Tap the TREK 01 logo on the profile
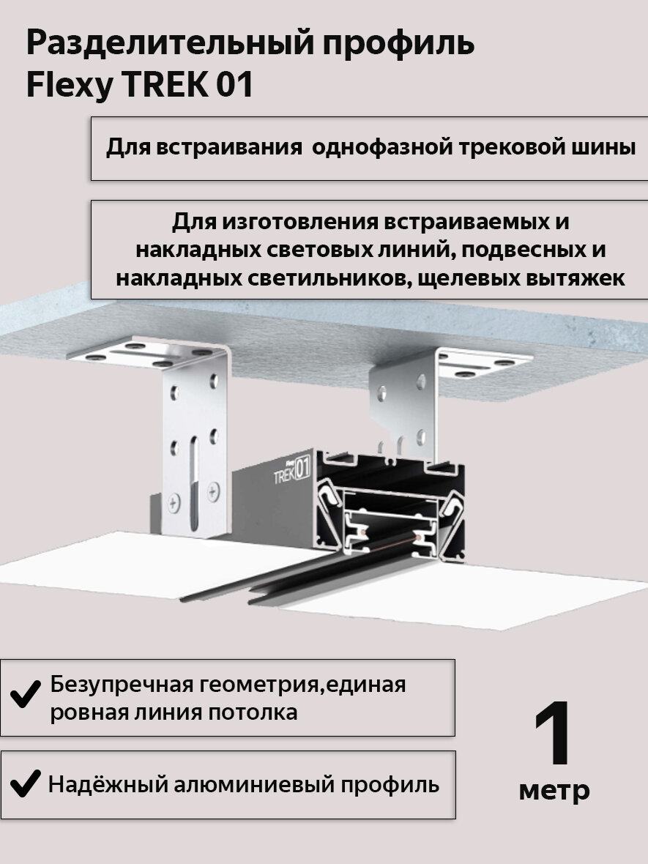292,469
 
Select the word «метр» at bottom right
554,790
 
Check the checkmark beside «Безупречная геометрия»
26,693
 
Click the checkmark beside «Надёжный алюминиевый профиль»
26,783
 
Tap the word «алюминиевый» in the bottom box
253,785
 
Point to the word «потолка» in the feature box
253,712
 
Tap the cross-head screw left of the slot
174,502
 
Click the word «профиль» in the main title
398,44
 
